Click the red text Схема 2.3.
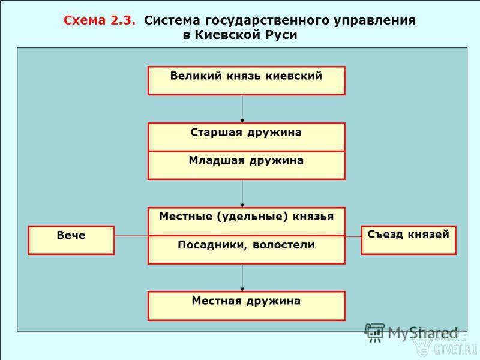tap(99, 20)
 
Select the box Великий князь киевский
tap(247, 81)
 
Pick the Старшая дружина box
tap(247, 137)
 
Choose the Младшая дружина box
tap(247, 166)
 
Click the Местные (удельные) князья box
tap(247, 221)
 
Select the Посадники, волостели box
tap(247, 250)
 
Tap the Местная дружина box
tap(247, 306)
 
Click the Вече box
tap(71, 241)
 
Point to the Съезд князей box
tap(409, 241)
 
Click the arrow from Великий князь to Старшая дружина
tap(242, 109)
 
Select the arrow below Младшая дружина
tap(242, 193)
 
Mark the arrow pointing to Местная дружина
tap(242, 278)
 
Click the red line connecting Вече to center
tap(131, 236)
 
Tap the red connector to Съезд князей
tap(353, 236)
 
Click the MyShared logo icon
tap(374, 333)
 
